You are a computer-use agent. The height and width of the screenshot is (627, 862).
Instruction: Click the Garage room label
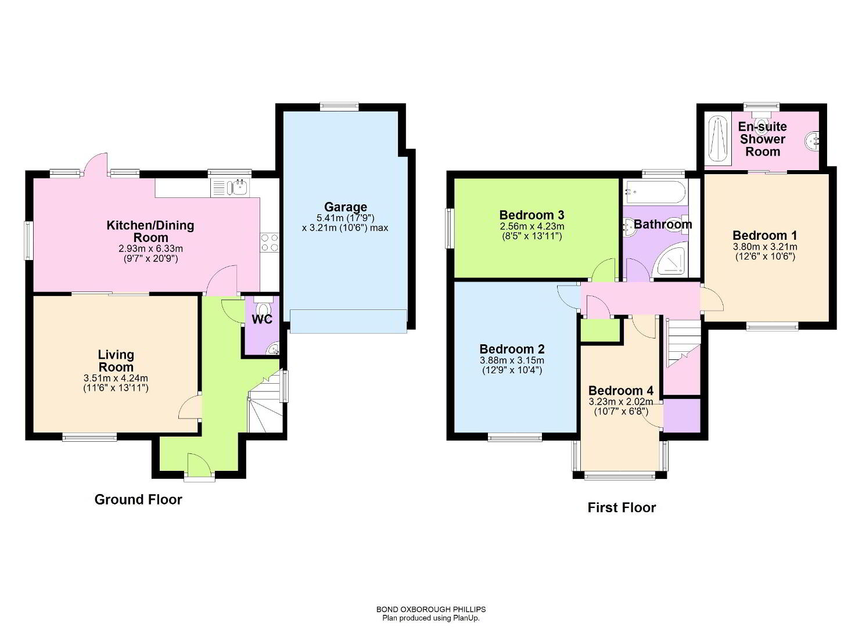pos(345,207)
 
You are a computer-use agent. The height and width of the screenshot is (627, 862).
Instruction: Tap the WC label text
pos(262,319)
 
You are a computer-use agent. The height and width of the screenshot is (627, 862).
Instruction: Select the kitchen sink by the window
pos(230,188)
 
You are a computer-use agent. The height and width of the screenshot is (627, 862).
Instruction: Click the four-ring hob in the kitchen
pos(270,243)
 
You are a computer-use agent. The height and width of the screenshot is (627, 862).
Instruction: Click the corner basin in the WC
pos(274,349)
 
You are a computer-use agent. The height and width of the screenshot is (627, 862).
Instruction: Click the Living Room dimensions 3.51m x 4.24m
pos(116,378)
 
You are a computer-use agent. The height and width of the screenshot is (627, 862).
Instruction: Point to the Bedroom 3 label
pos(531,215)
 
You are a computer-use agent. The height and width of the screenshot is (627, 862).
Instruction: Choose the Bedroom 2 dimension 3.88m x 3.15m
pos(512,361)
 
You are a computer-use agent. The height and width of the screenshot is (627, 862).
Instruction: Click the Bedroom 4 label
pos(621,391)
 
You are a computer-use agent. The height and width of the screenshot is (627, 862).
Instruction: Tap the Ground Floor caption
pos(138,500)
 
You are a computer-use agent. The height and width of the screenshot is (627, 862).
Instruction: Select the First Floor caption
pos(622,508)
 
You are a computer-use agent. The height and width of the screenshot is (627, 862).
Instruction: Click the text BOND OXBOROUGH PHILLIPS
pos(431,610)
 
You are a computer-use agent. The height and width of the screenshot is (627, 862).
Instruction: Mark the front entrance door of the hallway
pos(199,466)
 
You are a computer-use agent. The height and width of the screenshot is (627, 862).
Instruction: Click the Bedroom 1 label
pos(764,235)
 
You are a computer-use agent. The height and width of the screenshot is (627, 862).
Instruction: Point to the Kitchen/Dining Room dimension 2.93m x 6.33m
pos(150,248)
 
